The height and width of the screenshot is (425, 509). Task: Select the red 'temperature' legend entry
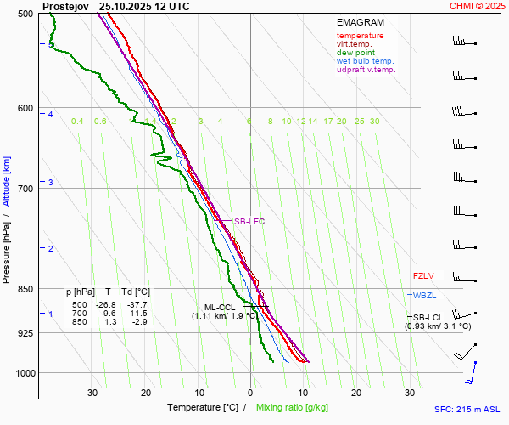tap(360, 36)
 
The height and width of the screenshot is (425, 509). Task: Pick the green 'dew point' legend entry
tap(356, 53)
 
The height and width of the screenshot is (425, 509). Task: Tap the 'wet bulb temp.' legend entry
tap(365, 61)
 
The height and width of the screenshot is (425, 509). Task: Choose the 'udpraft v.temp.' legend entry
tap(366, 70)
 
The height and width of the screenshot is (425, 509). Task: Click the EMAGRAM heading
tap(360, 21)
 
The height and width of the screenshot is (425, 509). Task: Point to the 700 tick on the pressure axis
tap(25, 188)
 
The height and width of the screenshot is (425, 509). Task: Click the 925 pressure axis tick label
tap(25, 333)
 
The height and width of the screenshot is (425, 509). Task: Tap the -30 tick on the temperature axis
tap(91, 393)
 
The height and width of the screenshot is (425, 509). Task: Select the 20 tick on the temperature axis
tap(356, 393)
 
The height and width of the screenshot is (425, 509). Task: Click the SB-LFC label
tap(249, 222)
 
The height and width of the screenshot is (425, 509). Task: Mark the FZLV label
tap(423, 275)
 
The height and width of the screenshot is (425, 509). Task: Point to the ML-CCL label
tap(219, 307)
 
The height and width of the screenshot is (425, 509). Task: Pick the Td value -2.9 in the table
tap(137, 321)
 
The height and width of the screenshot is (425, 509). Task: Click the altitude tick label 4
tap(50, 114)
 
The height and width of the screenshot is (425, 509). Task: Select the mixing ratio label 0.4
tap(77, 122)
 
